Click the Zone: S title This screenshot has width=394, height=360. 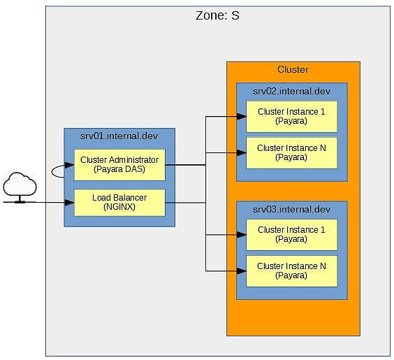click(x=217, y=15)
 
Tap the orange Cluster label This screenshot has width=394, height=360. click(x=293, y=69)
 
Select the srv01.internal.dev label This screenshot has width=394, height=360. click(x=119, y=136)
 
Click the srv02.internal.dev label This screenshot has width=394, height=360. click(x=291, y=91)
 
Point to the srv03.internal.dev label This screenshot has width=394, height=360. click(x=291, y=209)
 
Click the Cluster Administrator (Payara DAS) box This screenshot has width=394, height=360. click(x=119, y=165)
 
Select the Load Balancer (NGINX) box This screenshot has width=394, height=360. click(x=119, y=203)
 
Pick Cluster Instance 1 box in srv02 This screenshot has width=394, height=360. click(x=292, y=117)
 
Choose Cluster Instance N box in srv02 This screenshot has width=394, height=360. click(x=292, y=153)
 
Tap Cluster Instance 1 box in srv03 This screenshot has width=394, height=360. click(x=292, y=235)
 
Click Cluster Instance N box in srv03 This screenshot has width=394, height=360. click(x=292, y=271)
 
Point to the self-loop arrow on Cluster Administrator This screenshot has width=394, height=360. click(x=52, y=172)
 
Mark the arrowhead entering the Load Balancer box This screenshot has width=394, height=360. click(x=70, y=203)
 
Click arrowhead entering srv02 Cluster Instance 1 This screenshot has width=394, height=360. click(x=242, y=117)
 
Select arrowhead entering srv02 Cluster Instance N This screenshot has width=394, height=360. click(x=242, y=152)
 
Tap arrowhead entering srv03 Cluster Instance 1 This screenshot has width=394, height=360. click(x=242, y=235)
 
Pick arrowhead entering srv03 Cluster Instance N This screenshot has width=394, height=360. click(x=242, y=271)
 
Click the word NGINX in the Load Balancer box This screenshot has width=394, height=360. click(x=119, y=207)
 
